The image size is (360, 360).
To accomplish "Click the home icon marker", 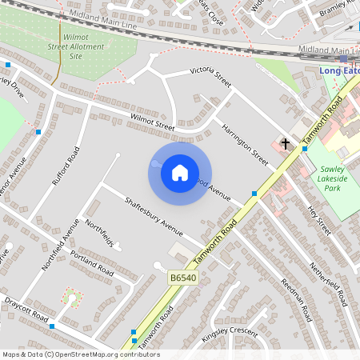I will pyautogui.click(x=180, y=172).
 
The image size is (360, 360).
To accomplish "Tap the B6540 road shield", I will pyautogui.click(x=182, y=277).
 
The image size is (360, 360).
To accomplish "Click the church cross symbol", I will pyautogui.click(x=285, y=144).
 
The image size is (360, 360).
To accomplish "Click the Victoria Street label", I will pyautogui.click(x=210, y=77).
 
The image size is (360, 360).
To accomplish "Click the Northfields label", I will pyautogui.click(x=99, y=232).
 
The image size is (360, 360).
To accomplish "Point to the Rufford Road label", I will pyautogui.click(x=66, y=166).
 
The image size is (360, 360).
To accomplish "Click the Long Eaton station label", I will pyautogui.click(x=339, y=70).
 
